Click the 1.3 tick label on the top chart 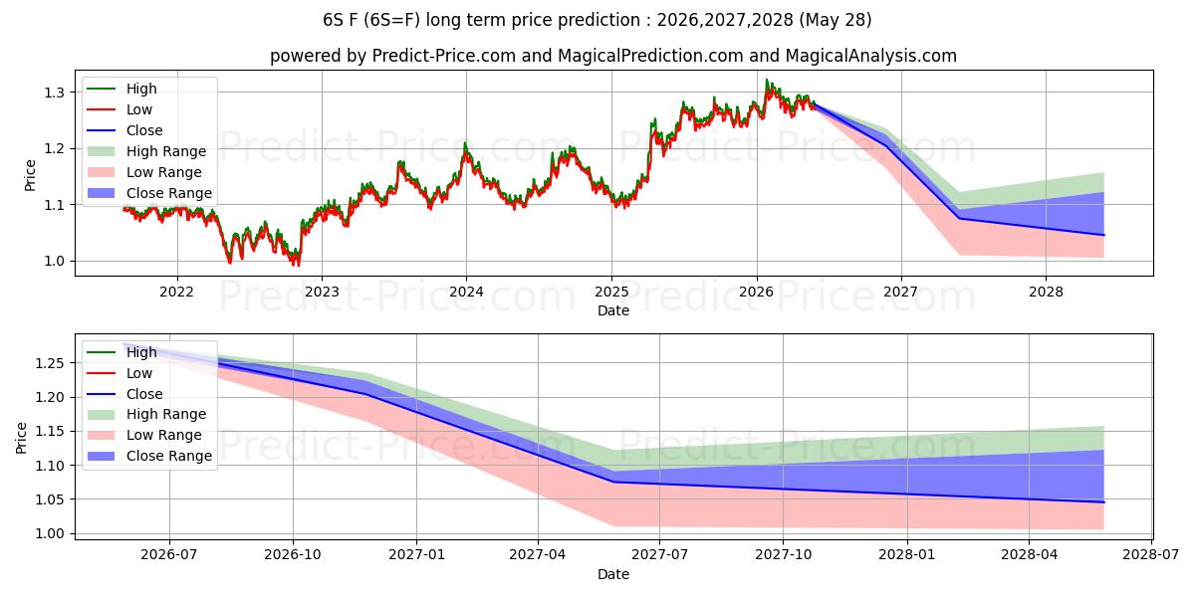pyautogui.click(x=54, y=93)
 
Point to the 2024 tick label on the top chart pyautogui.click(x=466, y=293)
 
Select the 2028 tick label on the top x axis pyautogui.click(x=1046, y=293)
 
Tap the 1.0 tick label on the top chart pyautogui.click(x=54, y=261)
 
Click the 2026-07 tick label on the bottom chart pyautogui.click(x=169, y=555)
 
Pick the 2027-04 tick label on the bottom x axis pyautogui.click(x=538, y=555)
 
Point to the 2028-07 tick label pyautogui.click(x=1151, y=555)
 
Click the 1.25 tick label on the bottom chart pyautogui.click(x=50, y=363)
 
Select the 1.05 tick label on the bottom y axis pyautogui.click(x=50, y=499)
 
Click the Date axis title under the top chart pyautogui.click(x=613, y=310)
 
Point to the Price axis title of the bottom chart pyautogui.click(x=21, y=438)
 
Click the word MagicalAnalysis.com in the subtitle pyautogui.click(x=871, y=56)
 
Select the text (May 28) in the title pyautogui.click(x=836, y=20)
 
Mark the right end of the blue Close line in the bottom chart pyautogui.click(x=1103, y=502)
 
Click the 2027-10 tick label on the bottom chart pyautogui.click(x=783, y=555)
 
